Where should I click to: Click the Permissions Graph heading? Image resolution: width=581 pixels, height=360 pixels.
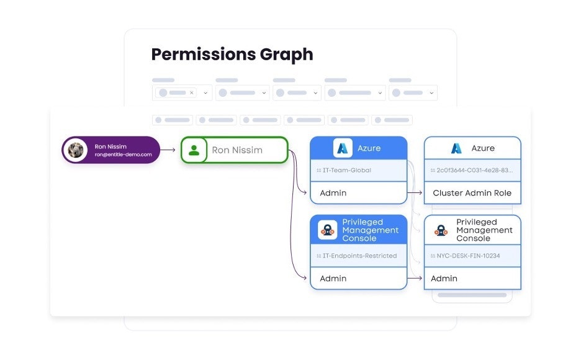coord(232,55)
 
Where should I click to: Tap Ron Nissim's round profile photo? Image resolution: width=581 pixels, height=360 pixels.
coord(76,150)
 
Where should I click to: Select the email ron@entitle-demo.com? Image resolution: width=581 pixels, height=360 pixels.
coord(123,155)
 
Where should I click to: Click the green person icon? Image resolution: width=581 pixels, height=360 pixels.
coord(194,150)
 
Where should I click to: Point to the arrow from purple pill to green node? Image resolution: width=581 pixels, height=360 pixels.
coord(169,150)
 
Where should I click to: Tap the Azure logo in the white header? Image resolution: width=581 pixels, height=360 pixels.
coord(457,148)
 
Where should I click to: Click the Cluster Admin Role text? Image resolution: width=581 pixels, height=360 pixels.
coord(472,193)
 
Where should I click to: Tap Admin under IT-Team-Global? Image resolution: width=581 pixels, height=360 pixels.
coord(333,193)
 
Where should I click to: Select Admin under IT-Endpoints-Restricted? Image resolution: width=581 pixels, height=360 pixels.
coord(333,279)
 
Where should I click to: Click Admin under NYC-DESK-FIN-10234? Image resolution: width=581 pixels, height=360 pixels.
coord(444,279)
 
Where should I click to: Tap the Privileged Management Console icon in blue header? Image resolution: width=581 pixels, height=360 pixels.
coord(328,230)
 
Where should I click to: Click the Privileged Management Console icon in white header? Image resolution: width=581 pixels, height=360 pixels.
coord(441,230)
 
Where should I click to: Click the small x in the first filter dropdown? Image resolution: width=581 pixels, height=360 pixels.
coord(191,92)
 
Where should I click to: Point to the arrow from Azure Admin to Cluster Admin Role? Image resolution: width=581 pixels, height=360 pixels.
coord(415,193)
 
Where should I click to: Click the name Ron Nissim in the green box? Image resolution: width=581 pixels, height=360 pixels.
coord(237,150)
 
